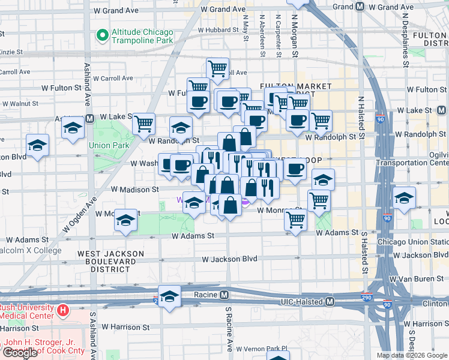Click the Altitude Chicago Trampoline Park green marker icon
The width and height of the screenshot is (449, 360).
tap(103, 36)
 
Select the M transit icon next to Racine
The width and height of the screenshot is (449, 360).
tap(224, 295)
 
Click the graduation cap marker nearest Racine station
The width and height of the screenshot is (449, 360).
tap(170, 296)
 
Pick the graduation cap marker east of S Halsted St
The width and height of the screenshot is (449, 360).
tap(404, 197)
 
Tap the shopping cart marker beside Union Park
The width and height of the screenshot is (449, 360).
tap(144, 124)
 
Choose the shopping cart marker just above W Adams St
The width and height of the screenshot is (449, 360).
tap(295, 221)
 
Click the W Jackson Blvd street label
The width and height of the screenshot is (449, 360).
tap(229, 259)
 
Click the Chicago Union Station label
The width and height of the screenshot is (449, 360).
tap(412, 242)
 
